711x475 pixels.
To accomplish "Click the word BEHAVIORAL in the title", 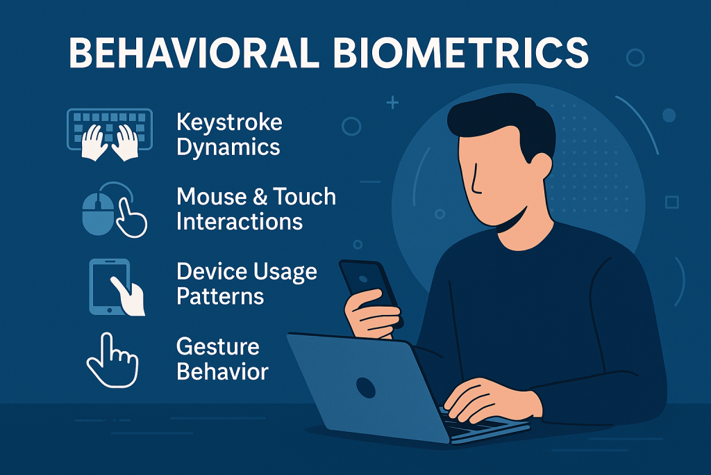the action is [194, 52].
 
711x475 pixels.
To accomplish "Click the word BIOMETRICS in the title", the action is [461, 52].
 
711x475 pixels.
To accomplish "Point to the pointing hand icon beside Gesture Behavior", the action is [112, 360].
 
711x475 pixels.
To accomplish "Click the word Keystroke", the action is [229, 122].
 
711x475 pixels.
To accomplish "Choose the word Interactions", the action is [240, 222].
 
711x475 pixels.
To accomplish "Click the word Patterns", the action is [220, 296].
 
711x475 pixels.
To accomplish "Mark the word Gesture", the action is [217, 348].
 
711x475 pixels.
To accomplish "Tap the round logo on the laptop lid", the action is [366, 388].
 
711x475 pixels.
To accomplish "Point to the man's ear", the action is [540, 167].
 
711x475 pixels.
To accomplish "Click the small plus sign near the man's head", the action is [392, 103].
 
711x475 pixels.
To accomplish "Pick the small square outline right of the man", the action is [672, 202].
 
